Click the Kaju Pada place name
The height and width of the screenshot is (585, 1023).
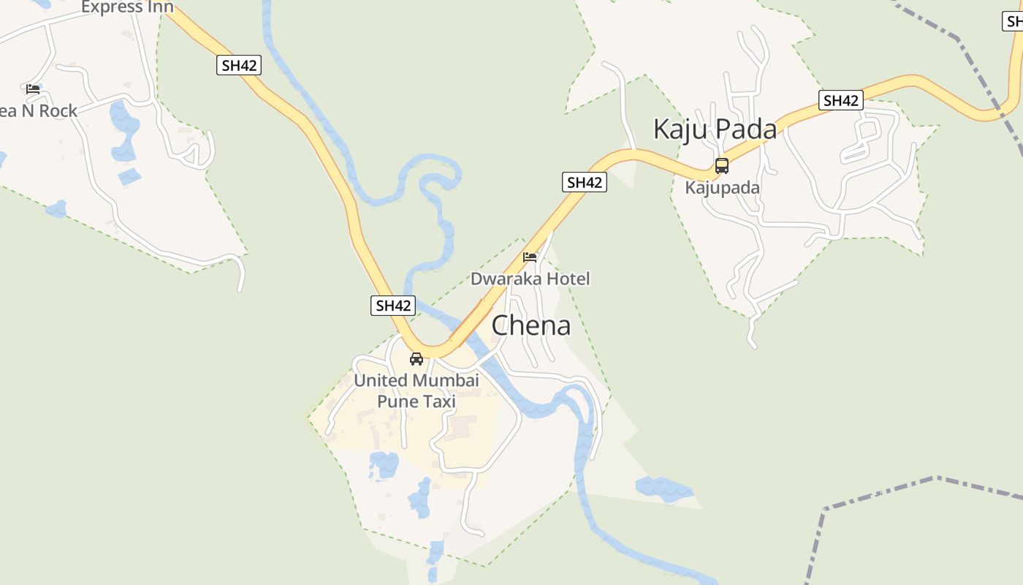714,129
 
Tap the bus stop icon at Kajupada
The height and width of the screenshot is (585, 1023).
722,165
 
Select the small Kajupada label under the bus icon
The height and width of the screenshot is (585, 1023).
722,187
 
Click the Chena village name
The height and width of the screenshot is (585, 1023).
530,325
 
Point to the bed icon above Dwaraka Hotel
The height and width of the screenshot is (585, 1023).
530,257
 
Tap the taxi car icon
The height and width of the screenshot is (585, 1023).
417,359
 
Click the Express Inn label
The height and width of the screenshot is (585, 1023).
128,7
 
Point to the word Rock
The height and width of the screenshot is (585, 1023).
58,111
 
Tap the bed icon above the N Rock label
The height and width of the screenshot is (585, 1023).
33,89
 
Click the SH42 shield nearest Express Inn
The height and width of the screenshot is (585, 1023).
239,65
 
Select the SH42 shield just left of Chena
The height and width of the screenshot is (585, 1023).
393,306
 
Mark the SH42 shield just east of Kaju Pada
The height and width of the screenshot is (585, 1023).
840,100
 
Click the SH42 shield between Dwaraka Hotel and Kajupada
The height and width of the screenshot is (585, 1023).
585,182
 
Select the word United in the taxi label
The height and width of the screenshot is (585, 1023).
381,380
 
